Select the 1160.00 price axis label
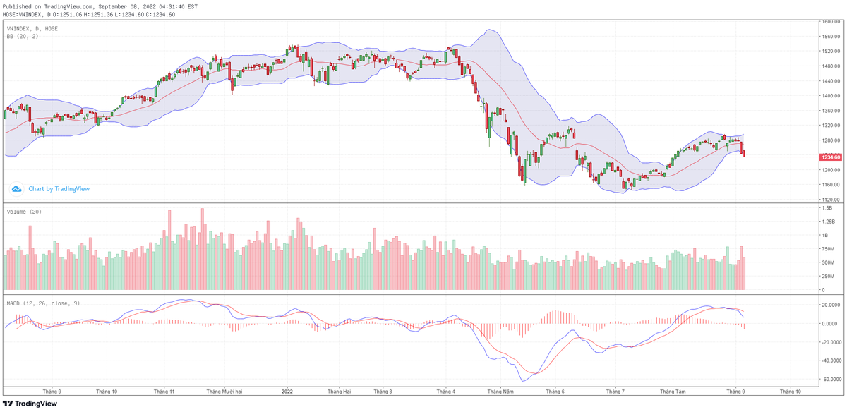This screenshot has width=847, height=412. click(x=831, y=185)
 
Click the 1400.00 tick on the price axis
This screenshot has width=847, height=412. click(x=831, y=96)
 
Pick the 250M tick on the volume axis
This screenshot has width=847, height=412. click(x=829, y=276)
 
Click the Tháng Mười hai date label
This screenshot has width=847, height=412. click(x=224, y=390)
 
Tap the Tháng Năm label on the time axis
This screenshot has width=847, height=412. click(x=500, y=390)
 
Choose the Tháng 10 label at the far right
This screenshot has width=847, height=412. click(x=790, y=390)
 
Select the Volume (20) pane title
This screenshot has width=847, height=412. click(x=23, y=212)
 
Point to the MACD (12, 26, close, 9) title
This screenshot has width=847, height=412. click(x=42, y=303)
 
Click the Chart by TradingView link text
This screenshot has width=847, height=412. click(x=59, y=189)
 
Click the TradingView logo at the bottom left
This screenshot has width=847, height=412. click(x=32, y=404)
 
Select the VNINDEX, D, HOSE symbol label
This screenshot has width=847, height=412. click(x=32, y=28)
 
